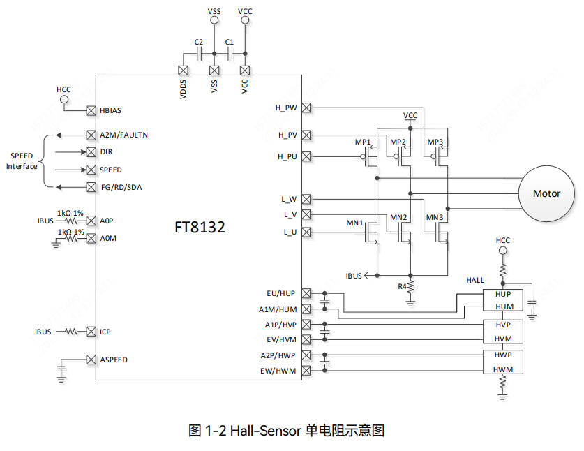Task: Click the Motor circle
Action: [546, 193]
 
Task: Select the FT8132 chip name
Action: [200, 228]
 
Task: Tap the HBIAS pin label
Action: [112, 110]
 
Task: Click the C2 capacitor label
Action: [198, 43]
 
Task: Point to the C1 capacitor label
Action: [229, 43]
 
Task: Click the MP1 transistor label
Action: [362, 142]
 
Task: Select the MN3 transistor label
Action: [435, 217]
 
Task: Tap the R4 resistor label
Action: [402, 286]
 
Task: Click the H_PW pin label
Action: [286, 108]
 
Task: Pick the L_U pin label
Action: [290, 232]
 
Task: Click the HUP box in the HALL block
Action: [503, 295]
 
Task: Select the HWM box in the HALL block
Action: [503, 369]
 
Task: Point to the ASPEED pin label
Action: [114, 360]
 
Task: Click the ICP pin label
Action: [106, 332]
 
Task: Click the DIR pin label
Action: [106, 151]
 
